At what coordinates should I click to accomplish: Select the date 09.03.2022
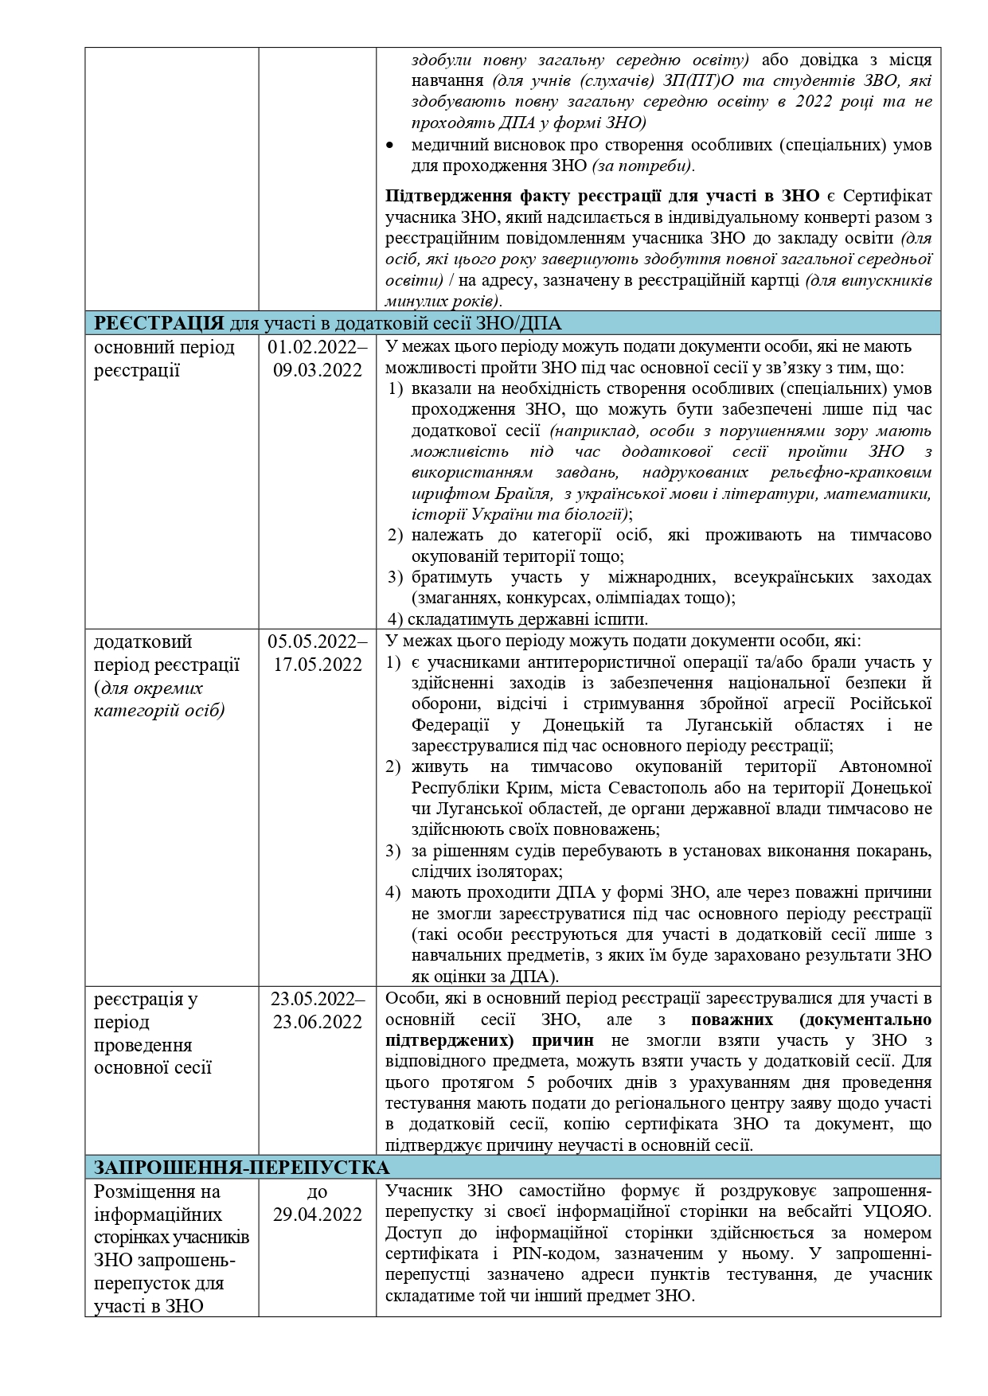click(x=318, y=371)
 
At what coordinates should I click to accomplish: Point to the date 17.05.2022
click(x=318, y=665)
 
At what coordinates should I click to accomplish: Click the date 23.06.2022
click(x=318, y=1023)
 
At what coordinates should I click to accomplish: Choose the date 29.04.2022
click(x=318, y=1215)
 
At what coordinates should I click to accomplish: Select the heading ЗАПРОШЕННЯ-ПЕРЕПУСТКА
click(x=242, y=1168)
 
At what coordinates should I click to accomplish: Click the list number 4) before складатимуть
click(x=397, y=619)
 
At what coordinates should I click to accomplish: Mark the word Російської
click(x=891, y=704)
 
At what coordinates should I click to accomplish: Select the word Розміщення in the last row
click(x=146, y=1192)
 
